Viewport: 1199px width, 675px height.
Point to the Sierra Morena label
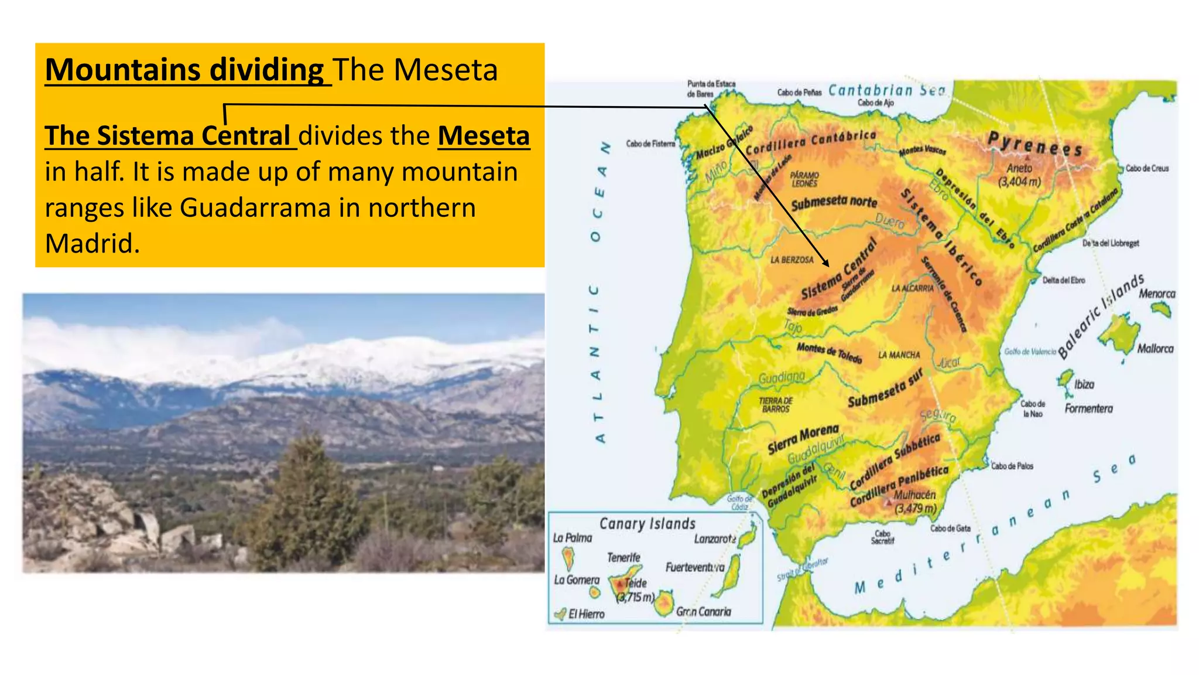[803, 439]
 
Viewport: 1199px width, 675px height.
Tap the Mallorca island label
[1155, 349]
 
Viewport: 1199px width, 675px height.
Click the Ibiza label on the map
[1084, 384]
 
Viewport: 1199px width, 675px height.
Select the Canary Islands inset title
[647, 523]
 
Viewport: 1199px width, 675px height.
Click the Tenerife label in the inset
[623, 557]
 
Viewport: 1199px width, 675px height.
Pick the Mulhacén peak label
[914, 495]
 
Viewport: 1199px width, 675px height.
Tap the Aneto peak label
[1019, 168]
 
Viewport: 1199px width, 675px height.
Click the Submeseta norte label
[834, 203]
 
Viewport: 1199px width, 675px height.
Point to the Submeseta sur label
[885, 389]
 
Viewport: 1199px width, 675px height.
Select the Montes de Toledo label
[829, 353]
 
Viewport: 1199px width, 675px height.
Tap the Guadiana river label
[782, 378]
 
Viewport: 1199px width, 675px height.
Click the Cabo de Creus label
[1147, 168]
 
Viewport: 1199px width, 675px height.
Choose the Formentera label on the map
[1088, 408]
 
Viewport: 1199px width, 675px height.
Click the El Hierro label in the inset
[586, 614]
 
